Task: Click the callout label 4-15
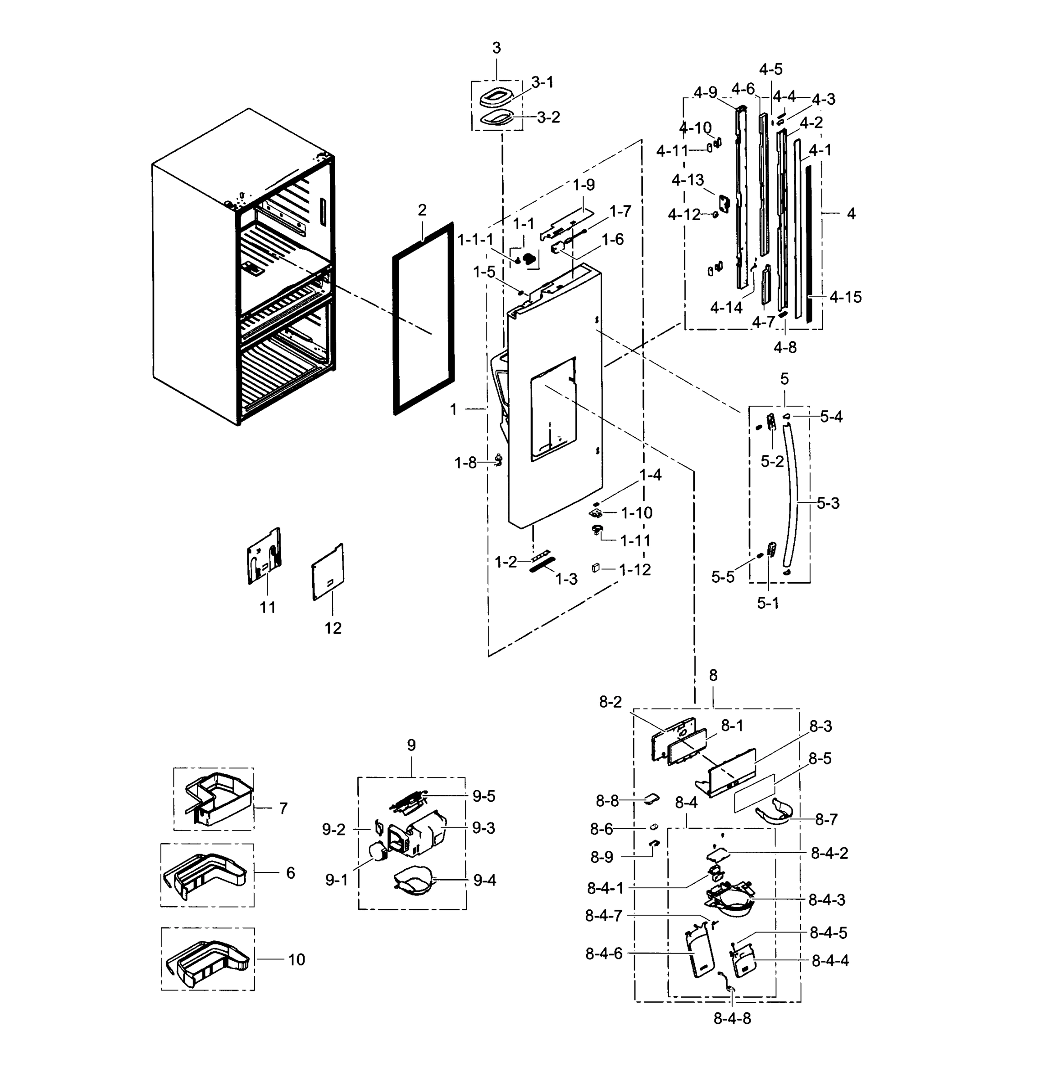tap(844, 297)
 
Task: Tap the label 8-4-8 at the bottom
tap(732, 1018)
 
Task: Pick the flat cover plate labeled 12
tap(328, 572)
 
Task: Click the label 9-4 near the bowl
tap(484, 880)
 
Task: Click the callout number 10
tap(296, 959)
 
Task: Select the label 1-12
tap(634, 569)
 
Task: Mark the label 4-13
tap(688, 180)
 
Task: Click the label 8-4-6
tap(604, 953)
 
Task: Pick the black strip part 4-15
tap(809, 243)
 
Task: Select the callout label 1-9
tap(583, 185)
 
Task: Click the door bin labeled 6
tap(207, 874)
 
